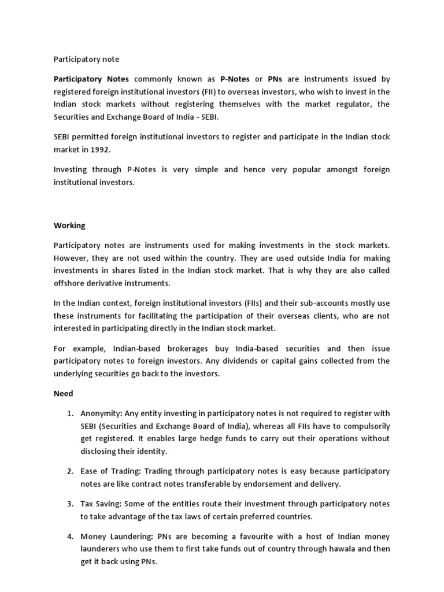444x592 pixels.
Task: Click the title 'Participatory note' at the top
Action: pos(86,59)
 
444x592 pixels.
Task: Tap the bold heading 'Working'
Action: pos(69,225)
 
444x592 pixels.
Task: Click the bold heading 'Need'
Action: pos(63,393)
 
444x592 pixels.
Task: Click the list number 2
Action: pos(69,472)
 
